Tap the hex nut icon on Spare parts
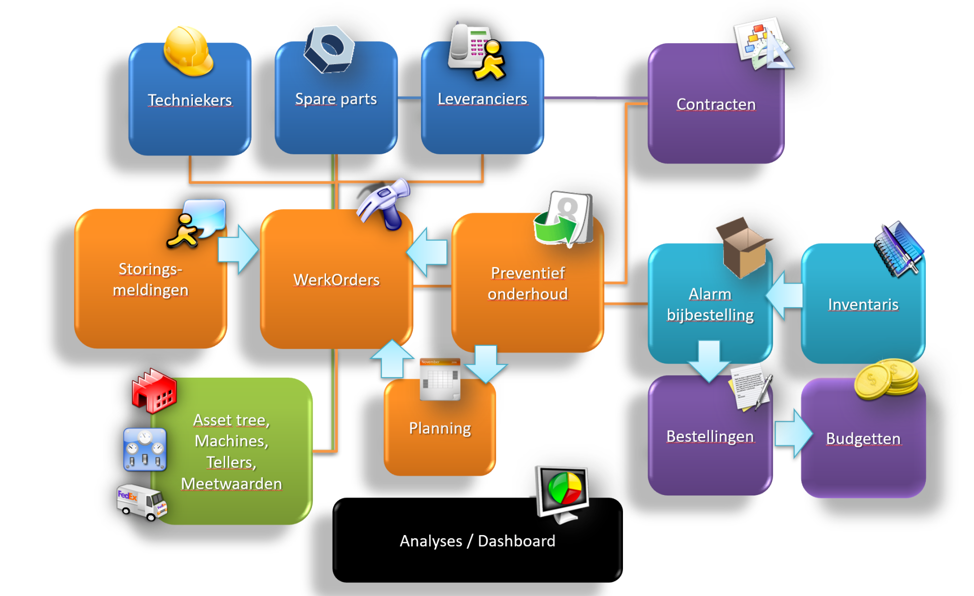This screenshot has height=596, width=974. click(x=329, y=49)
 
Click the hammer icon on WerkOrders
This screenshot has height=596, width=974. click(x=385, y=205)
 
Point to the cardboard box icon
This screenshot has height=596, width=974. click(x=743, y=248)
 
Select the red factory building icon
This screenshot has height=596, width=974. click(x=154, y=391)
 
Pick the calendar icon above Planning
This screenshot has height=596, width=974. click(x=440, y=379)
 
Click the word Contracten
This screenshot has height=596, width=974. click(x=716, y=104)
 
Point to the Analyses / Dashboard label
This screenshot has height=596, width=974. click(x=477, y=541)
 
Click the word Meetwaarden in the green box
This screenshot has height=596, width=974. click(x=231, y=483)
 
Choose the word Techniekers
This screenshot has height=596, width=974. click(x=190, y=100)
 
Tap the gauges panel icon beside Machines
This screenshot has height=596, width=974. click(x=145, y=449)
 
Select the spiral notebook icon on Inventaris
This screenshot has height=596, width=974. click(x=898, y=249)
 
